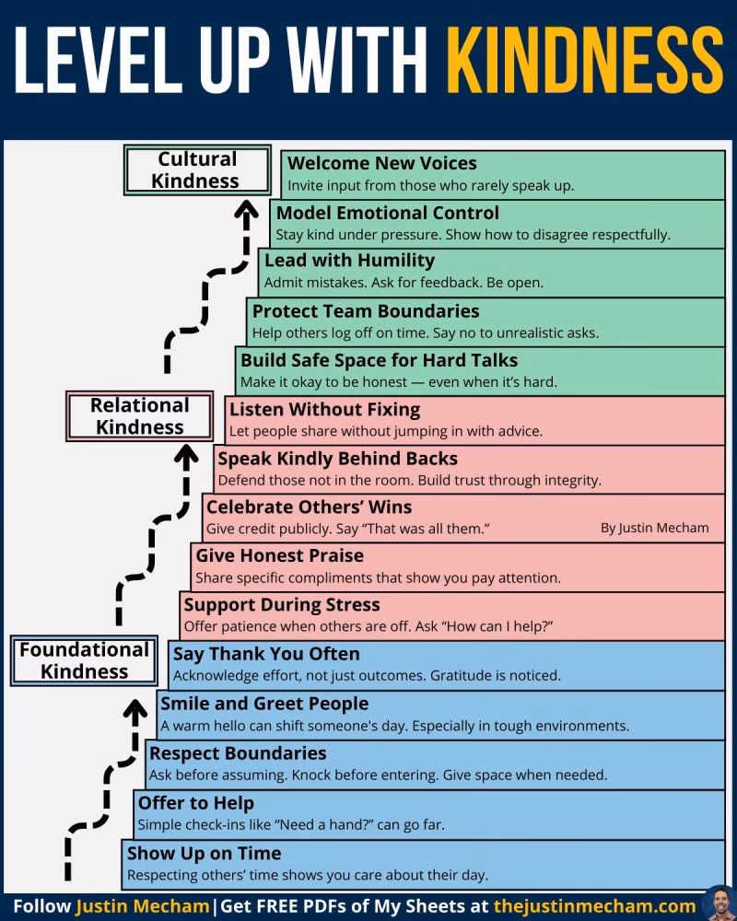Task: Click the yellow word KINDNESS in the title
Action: [584, 59]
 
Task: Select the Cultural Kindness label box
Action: [197, 169]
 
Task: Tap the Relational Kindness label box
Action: [140, 416]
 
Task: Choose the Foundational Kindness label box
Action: [84, 660]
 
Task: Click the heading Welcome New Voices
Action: [382, 163]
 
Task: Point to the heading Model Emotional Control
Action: [387, 213]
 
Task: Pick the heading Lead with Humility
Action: [350, 261]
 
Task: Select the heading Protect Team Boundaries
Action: [366, 311]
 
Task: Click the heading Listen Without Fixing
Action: [325, 410]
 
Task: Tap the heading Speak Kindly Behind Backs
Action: [338, 459]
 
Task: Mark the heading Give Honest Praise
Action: [280, 555]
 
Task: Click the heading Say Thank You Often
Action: [266, 654]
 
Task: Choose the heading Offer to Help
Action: [196, 803]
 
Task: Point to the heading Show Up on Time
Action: [204, 854]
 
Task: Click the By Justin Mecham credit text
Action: [655, 528]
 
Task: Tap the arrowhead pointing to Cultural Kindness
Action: [247, 210]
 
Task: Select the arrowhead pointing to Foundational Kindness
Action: [135, 709]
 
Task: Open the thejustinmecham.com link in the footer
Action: [595, 906]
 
